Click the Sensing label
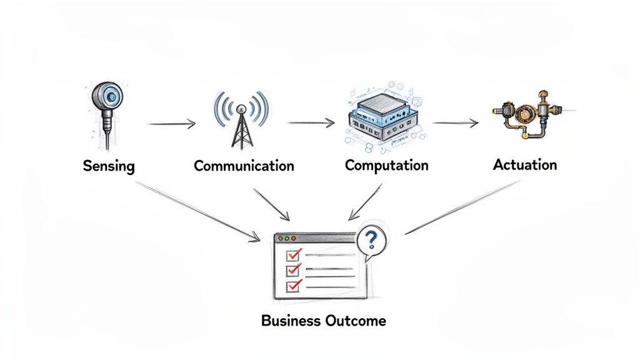click(x=109, y=167)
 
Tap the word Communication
click(x=244, y=166)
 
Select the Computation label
click(x=386, y=166)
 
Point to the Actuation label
click(x=524, y=165)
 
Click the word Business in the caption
click(x=291, y=321)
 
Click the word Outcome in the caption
click(x=356, y=321)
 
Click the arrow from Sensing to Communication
click(x=171, y=124)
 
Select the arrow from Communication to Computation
click(x=311, y=123)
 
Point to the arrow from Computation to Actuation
click(x=455, y=123)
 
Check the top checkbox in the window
click(x=292, y=254)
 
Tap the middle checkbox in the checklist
click(x=292, y=270)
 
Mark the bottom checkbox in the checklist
click(x=292, y=286)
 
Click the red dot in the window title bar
click(x=280, y=239)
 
